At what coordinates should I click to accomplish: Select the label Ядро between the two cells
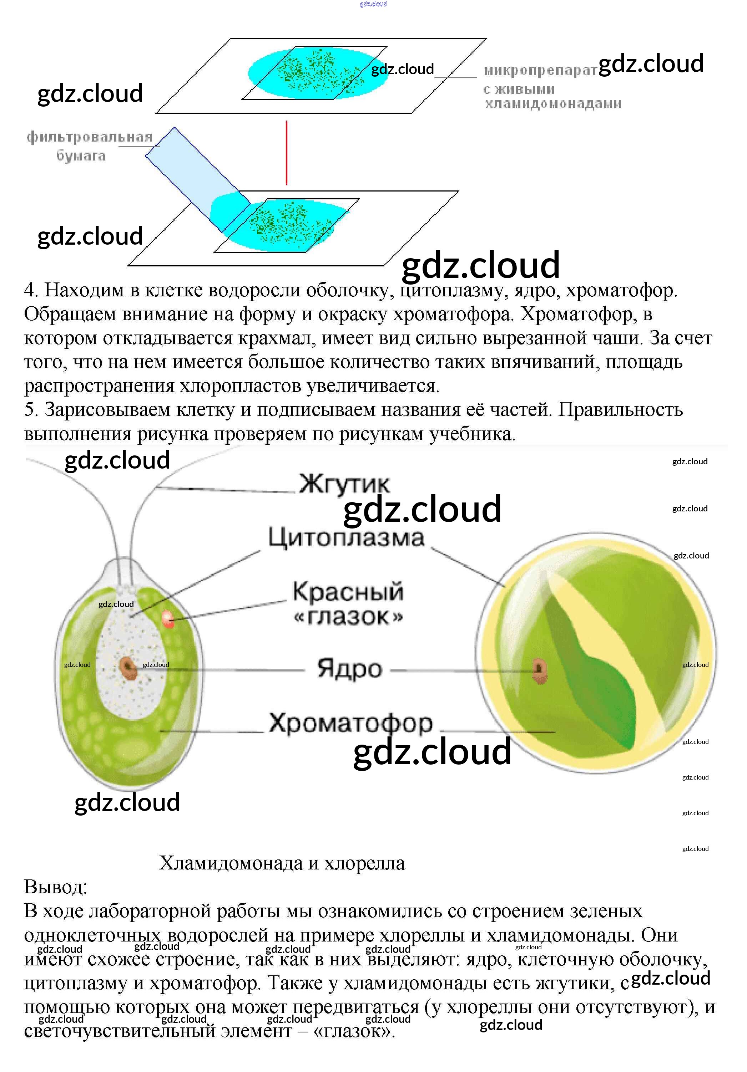tap(349, 669)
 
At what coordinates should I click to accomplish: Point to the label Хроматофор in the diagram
tap(351, 723)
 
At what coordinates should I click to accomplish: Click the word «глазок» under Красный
tap(348, 617)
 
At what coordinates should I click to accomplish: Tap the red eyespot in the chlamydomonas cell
tap(168, 619)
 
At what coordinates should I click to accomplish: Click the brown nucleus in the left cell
tap(127, 668)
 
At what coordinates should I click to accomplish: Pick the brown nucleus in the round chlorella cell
tap(540, 670)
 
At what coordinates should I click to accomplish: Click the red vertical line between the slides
tap(286, 153)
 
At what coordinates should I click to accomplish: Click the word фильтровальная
tap(90, 137)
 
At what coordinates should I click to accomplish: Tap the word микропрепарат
tap(540, 71)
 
